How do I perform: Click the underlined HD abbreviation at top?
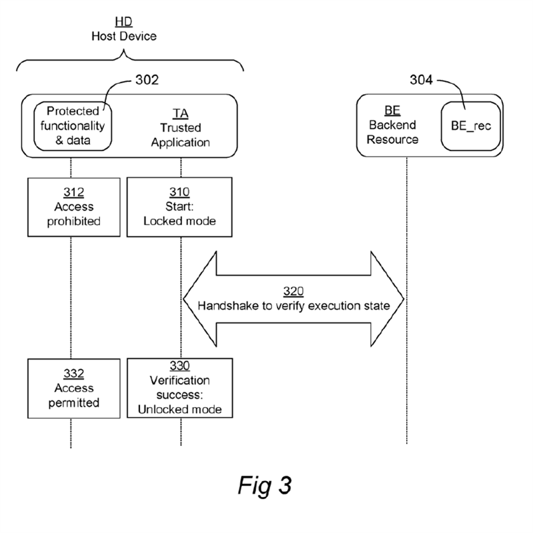[123, 22]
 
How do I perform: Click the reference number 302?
[147, 81]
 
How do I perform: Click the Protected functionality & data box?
[73, 125]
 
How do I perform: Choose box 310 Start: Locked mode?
[180, 206]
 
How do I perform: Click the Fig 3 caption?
[265, 484]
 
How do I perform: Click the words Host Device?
[123, 36]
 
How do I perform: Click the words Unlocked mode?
[180, 409]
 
